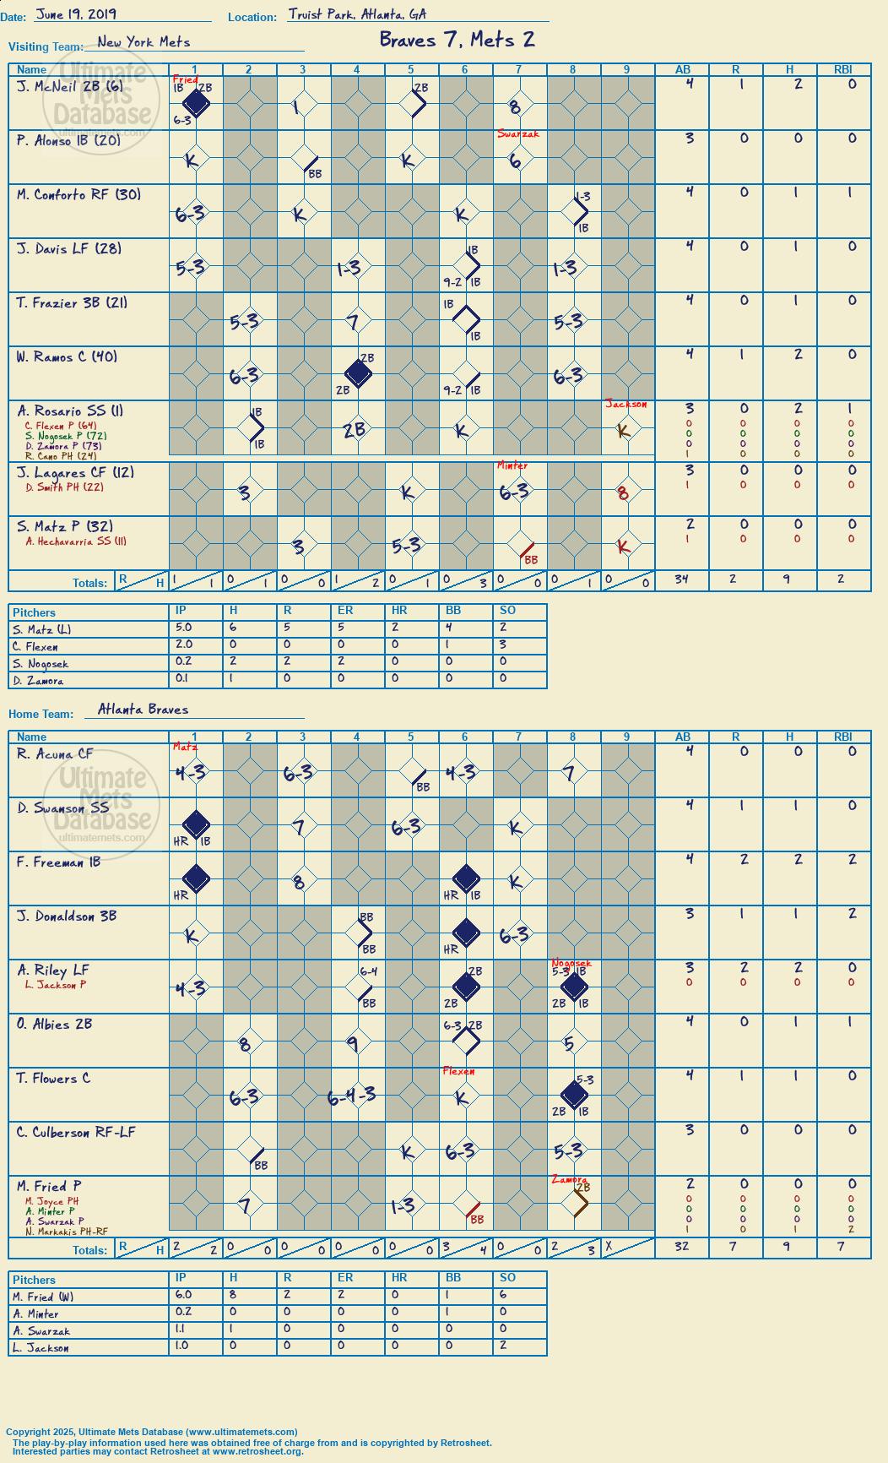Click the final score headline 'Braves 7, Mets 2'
pyautogui.click(x=457, y=40)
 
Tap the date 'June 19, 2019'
pyautogui.click(x=77, y=14)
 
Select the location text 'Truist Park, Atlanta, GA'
pyautogui.click(x=358, y=14)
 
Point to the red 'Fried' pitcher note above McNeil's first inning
pyautogui.click(x=185, y=80)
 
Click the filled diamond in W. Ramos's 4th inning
pyautogui.click(x=358, y=373)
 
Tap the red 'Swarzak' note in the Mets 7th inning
pyautogui.click(x=517, y=134)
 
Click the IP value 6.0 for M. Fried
pyautogui.click(x=183, y=1295)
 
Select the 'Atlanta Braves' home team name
pyautogui.click(x=143, y=710)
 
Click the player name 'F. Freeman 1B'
pyautogui.click(x=58, y=862)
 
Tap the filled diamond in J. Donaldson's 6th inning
pyautogui.click(x=466, y=933)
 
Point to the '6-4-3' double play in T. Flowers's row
pyautogui.click(x=352, y=1096)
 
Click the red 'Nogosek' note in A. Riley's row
pyautogui.click(x=571, y=963)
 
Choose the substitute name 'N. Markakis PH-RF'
pyautogui.click(x=67, y=1232)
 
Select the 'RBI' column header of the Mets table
pyautogui.click(x=843, y=70)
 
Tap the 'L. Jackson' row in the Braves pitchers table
pyautogui.click(x=41, y=1348)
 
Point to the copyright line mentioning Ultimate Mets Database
pyautogui.click(x=152, y=1432)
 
